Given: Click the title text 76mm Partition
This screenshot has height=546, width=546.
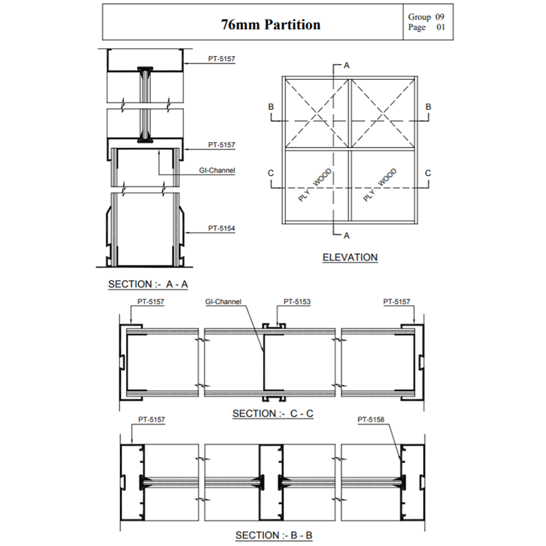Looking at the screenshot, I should point(271,25).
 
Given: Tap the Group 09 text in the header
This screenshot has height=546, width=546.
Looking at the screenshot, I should point(427,16).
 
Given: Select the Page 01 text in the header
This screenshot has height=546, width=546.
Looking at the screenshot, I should point(427,27).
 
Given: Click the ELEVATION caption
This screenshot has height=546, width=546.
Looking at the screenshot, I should point(349,257).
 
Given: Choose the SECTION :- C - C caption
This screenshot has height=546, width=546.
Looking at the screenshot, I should point(273,414).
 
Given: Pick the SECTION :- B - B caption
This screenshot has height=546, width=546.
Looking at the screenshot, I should point(274,535).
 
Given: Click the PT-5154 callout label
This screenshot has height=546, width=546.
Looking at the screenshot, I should point(222,229).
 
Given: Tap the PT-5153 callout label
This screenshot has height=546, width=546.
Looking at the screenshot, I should point(298,301).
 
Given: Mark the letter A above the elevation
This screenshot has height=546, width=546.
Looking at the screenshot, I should point(347,66).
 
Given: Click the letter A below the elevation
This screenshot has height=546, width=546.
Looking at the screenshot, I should point(347,235).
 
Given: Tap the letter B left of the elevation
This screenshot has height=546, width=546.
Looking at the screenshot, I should point(271,107).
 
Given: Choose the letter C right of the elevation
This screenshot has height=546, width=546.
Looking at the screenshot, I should point(428,173).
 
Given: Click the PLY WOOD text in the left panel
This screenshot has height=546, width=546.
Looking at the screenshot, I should point(315,185).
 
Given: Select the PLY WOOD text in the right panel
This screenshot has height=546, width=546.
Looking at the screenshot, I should point(379,185).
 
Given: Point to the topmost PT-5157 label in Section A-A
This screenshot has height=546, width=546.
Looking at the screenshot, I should point(222,59).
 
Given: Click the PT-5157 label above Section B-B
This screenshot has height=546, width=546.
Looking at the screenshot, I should point(152,420).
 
